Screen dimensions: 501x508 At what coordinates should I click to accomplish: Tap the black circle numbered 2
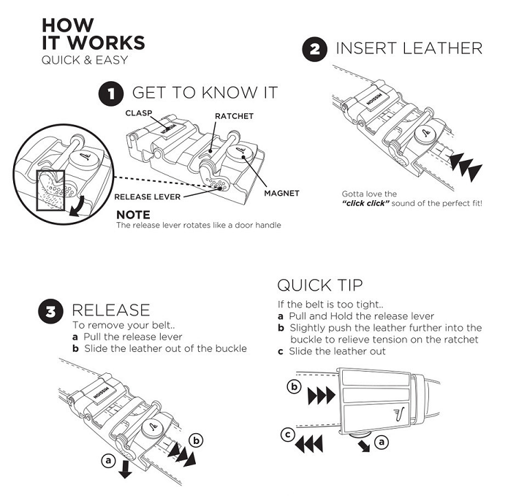[x=314, y=50]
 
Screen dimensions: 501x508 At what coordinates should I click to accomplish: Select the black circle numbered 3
[x=50, y=312]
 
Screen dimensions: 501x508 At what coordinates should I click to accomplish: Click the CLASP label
[x=137, y=113]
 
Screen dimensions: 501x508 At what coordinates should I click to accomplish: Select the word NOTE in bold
[x=133, y=215]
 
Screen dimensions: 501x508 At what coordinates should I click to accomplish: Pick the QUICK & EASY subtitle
[x=84, y=60]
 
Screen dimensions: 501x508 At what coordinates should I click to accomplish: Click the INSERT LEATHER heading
[x=409, y=49]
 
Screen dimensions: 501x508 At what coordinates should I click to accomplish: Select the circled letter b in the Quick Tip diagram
[x=295, y=387]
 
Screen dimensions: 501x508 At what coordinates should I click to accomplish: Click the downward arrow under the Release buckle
[x=125, y=468]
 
